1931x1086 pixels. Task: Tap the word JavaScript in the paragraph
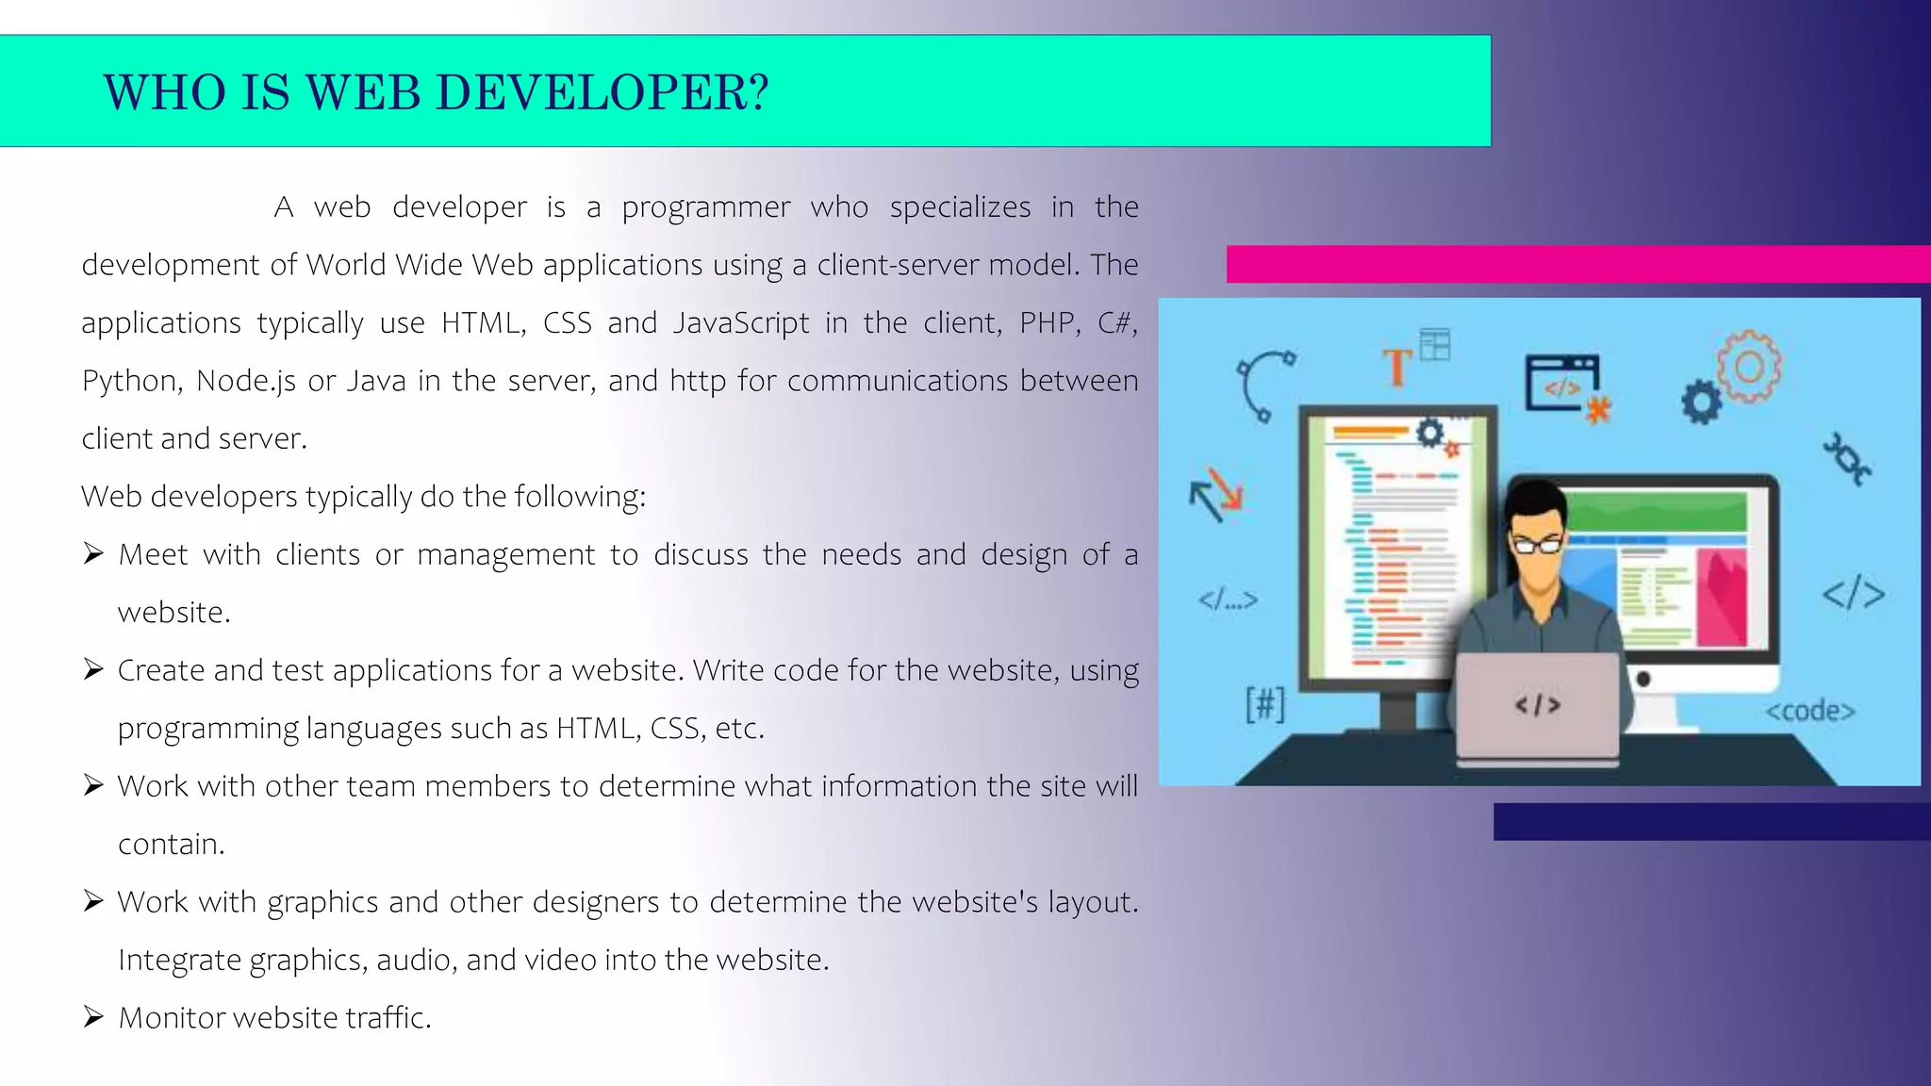pyautogui.click(x=741, y=323)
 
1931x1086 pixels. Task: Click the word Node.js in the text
pyautogui.click(x=245, y=381)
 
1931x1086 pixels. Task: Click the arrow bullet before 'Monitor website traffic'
pyautogui.click(x=92, y=1017)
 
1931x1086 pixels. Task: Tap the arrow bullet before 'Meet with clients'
pyautogui.click(x=92, y=553)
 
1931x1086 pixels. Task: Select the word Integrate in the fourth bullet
pyautogui.click(x=179, y=960)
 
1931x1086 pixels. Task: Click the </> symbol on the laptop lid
pyautogui.click(x=1538, y=705)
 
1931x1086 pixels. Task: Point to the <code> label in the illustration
pyautogui.click(x=1809, y=711)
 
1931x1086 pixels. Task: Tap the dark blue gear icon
pyautogui.click(x=1701, y=403)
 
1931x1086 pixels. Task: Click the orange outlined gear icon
pyautogui.click(x=1750, y=366)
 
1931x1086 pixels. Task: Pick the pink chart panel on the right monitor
pyautogui.click(x=1722, y=599)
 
